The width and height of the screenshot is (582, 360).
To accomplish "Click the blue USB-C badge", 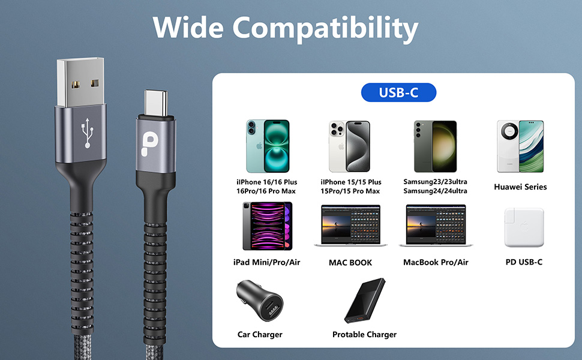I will point(398,93).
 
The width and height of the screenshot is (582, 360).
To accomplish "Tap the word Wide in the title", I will point(188,27).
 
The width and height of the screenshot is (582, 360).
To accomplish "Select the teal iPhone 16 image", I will point(267,146).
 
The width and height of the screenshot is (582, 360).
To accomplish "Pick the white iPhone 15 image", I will point(349,146).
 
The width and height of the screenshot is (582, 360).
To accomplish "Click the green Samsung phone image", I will point(435,146).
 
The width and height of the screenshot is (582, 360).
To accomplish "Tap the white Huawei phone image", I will point(520,146).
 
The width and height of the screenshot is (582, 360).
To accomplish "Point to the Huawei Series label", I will point(520,187).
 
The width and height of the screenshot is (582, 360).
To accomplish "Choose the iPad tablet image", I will point(267,226).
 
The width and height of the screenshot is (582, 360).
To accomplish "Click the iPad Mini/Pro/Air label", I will point(266,262).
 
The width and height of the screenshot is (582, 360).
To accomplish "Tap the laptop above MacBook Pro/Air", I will point(436,226).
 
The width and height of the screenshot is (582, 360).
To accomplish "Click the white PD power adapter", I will point(523,227).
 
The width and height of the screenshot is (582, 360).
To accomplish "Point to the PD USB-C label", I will point(524,262).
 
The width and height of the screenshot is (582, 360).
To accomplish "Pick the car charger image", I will point(260,301).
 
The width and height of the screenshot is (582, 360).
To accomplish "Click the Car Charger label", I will point(260,334).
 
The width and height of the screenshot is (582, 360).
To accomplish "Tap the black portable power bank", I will point(364,302).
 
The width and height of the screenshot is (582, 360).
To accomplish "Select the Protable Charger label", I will point(364,334).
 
